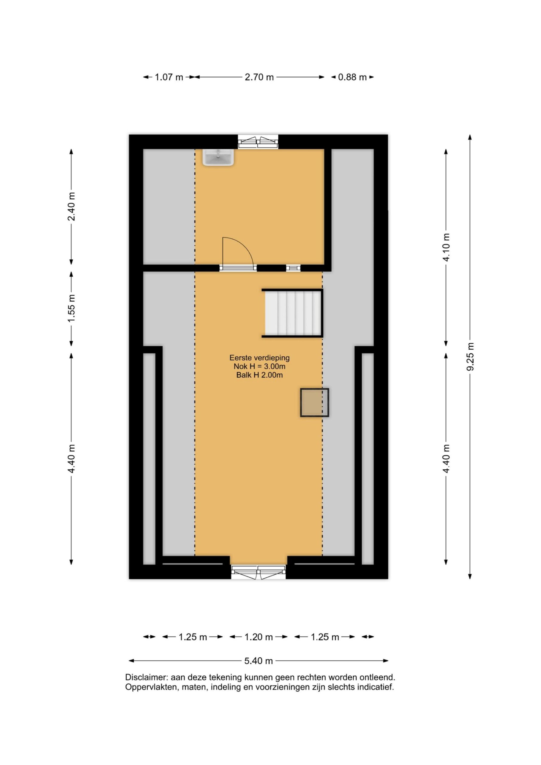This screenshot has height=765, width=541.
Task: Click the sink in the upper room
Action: tap(218, 157)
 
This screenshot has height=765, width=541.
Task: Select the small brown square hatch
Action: tap(314, 403)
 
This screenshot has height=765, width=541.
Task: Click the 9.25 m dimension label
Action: tap(470, 357)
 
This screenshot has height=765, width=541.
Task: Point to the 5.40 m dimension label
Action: tap(259, 661)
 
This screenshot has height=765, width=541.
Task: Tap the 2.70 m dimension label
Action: tap(259, 77)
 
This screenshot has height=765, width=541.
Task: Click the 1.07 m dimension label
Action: tap(169, 77)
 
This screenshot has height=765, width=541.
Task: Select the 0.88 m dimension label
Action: tap(352, 77)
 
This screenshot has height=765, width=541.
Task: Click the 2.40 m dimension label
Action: tap(71, 206)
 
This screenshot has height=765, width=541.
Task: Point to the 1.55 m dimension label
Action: tap(71, 308)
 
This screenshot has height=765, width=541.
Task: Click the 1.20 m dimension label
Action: tap(259, 637)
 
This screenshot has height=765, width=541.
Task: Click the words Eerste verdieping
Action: tap(259, 358)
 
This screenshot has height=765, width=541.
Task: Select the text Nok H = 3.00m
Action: tap(259, 366)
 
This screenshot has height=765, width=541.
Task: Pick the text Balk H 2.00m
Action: tap(259, 375)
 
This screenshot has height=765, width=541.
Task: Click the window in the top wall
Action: tap(258, 142)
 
